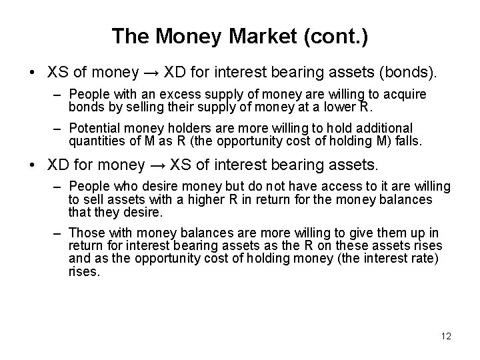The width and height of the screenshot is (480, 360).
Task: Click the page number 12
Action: pos(445,336)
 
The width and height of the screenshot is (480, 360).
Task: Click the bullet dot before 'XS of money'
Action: pos(33,71)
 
